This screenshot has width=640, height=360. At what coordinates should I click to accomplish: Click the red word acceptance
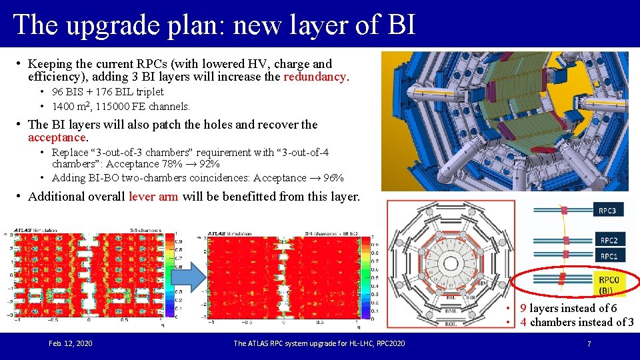point(57,137)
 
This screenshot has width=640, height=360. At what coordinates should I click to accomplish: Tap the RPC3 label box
point(607,211)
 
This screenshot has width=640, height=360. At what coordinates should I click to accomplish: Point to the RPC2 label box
point(608,241)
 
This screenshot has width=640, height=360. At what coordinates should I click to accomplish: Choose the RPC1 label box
point(608,256)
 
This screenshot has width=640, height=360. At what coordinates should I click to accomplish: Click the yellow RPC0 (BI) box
point(607,284)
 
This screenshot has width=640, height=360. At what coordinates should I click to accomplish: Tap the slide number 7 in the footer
point(589,343)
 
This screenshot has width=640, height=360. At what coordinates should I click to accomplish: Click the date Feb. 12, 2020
point(71,343)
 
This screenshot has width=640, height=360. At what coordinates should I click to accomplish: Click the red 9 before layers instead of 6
point(523,308)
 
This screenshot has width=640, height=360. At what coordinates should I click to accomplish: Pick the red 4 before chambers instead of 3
point(523,322)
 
